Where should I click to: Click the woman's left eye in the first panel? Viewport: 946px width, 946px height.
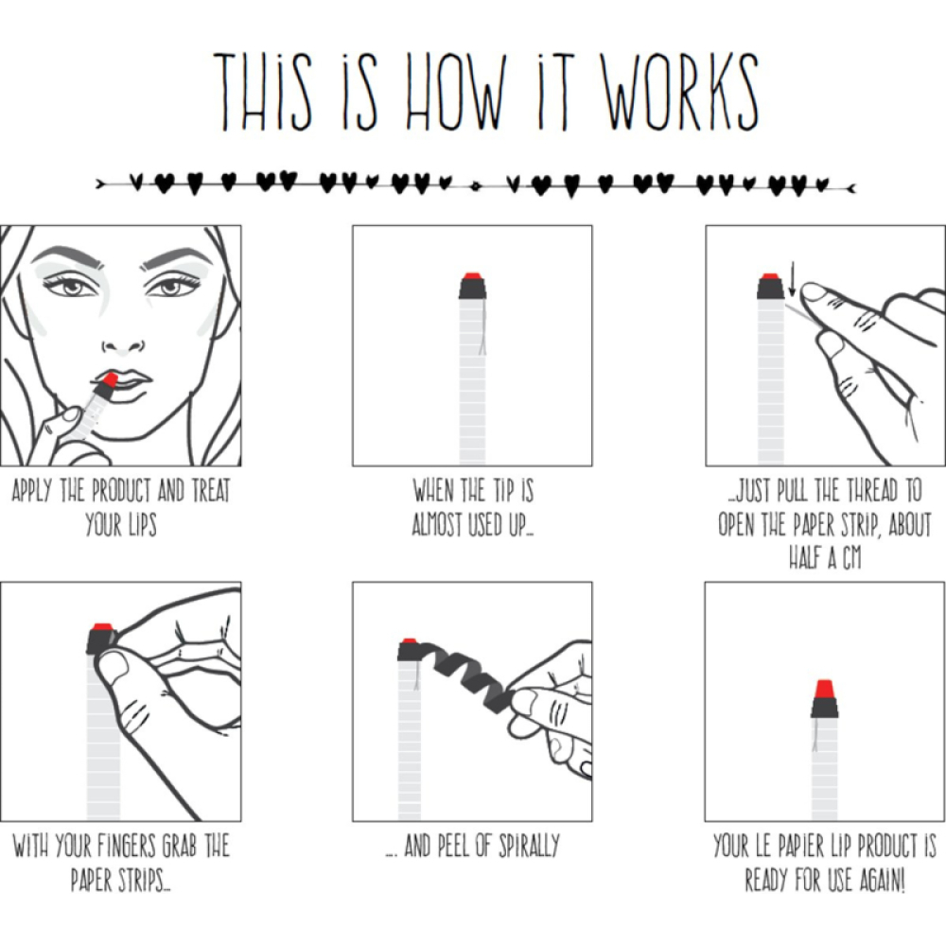point(171,286)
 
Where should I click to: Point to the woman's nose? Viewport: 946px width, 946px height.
point(124,345)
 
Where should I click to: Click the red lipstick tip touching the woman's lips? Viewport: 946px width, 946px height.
point(111,380)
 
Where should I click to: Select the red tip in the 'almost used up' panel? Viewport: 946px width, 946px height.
point(472,276)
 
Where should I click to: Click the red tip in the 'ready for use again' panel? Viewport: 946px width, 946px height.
point(825,689)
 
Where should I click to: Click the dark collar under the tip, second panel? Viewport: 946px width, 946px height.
point(472,289)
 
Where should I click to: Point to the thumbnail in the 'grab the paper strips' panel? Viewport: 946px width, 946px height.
point(114,671)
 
